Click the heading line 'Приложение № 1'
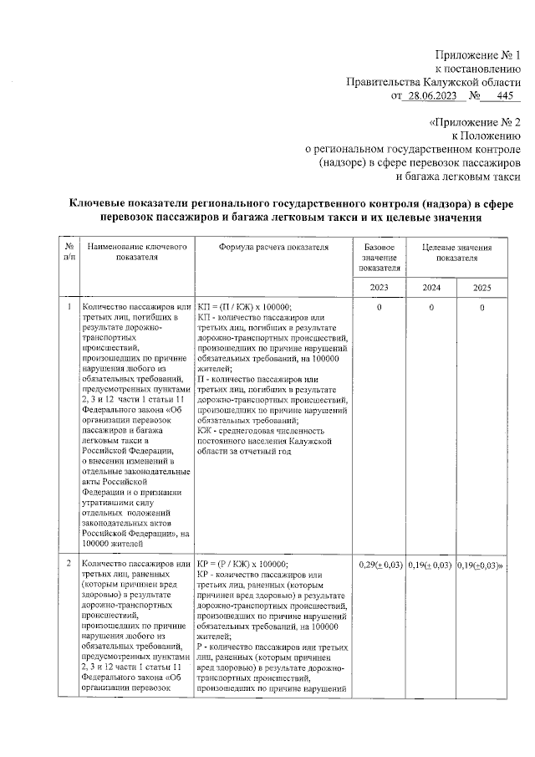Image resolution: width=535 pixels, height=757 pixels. pyautogui.click(x=479, y=53)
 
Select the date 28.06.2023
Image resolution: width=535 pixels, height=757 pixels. pyautogui.click(x=431, y=96)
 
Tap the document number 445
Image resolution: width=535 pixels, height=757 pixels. pyautogui.click(x=504, y=96)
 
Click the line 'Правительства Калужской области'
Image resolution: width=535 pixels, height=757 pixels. pyautogui.click(x=434, y=82)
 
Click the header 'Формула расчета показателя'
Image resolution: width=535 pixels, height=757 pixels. pyautogui.click(x=273, y=248)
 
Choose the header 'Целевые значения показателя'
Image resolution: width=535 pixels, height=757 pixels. pyautogui.click(x=456, y=253)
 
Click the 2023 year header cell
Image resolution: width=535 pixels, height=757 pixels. pyautogui.click(x=380, y=287)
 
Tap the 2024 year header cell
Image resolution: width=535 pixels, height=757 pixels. pyautogui.click(x=431, y=287)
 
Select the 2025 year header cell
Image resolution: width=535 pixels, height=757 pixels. pyautogui.click(x=481, y=287)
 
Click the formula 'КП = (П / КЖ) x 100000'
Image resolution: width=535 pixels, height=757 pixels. pyautogui.click(x=250, y=308)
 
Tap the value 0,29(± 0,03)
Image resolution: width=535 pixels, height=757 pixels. pyautogui.click(x=380, y=565)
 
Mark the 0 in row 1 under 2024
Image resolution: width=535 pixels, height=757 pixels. pyautogui.click(x=431, y=309)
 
